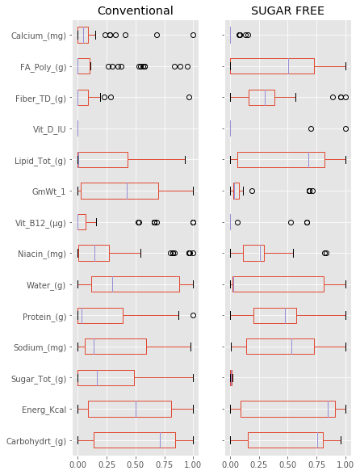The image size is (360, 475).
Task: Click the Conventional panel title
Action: pyautogui.click(x=135, y=11)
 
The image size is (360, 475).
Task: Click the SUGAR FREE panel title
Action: pyautogui.click(x=287, y=11)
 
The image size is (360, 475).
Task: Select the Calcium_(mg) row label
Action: pyautogui.click(x=40, y=35)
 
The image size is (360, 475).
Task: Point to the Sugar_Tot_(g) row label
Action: pyautogui.click(x=40, y=378)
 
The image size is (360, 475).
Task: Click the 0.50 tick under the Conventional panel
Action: pyautogui.click(x=135, y=464)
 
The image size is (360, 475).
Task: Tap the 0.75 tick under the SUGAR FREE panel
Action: pyautogui.click(x=316, y=464)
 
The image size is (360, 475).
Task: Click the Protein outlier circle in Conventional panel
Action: pyautogui.click(x=193, y=315)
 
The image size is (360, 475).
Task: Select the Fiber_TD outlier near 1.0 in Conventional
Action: pyautogui.click(x=189, y=97)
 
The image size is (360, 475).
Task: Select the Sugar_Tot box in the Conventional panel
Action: pyautogui.click(x=106, y=378)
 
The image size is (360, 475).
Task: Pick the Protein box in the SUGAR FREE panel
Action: pyautogui.click(x=274, y=315)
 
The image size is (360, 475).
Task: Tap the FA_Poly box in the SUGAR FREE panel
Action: pyautogui.click(x=272, y=66)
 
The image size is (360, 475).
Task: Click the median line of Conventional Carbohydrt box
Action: pyautogui.click(x=160, y=440)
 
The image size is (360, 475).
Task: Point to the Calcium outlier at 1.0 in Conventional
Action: pyautogui.click(x=193, y=35)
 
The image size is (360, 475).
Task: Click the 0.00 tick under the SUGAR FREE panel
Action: pyautogui.click(x=230, y=464)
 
